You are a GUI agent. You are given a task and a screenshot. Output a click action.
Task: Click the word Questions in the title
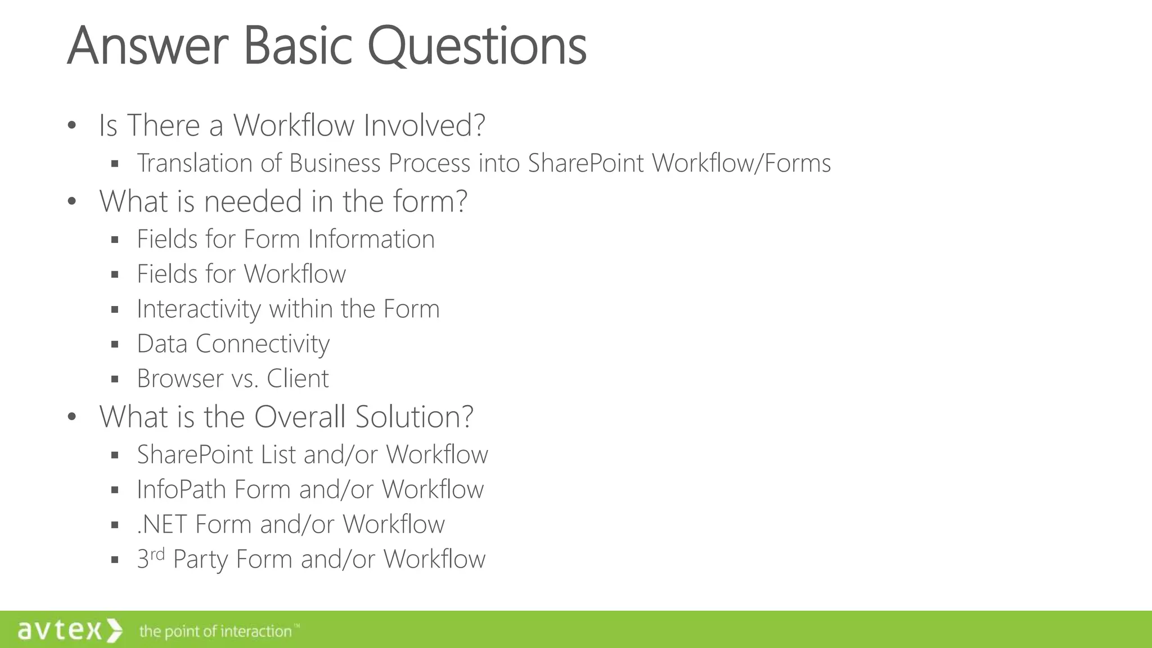(x=476, y=46)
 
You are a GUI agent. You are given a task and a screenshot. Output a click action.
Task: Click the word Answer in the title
(x=147, y=46)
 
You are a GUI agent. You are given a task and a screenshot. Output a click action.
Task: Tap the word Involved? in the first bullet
(x=424, y=125)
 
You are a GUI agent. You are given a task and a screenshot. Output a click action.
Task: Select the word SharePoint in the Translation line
(x=586, y=163)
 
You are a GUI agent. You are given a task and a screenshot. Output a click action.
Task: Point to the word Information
(x=371, y=239)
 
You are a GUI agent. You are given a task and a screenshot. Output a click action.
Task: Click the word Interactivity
(x=199, y=309)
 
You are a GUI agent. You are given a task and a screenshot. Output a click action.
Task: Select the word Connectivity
(x=263, y=344)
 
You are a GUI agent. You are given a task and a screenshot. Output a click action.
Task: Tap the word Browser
(x=180, y=379)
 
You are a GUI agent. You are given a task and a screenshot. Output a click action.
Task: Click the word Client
(x=298, y=379)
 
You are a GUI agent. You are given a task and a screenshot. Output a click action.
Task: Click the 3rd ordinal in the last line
(x=150, y=558)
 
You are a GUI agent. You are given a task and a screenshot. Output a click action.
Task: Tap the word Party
(x=200, y=560)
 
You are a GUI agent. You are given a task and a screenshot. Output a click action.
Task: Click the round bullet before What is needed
(x=71, y=201)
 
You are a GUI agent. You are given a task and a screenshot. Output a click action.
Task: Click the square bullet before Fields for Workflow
(x=115, y=274)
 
